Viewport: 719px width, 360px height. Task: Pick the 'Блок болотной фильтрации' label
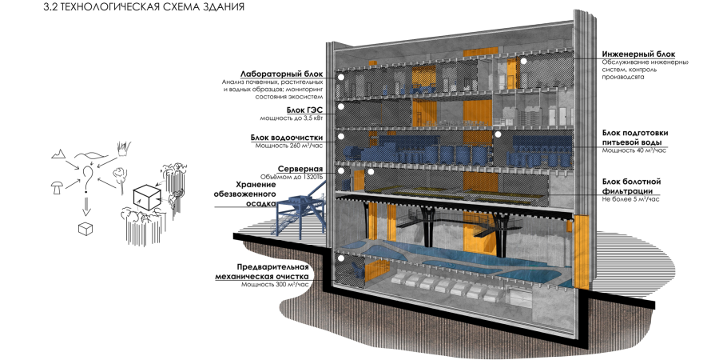pos(631,187)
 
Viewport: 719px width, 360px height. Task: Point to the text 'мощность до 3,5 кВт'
pos(292,118)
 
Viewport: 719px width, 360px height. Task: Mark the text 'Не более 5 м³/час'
pos(628,199)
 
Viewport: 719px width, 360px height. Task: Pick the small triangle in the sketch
pos(58,153)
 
